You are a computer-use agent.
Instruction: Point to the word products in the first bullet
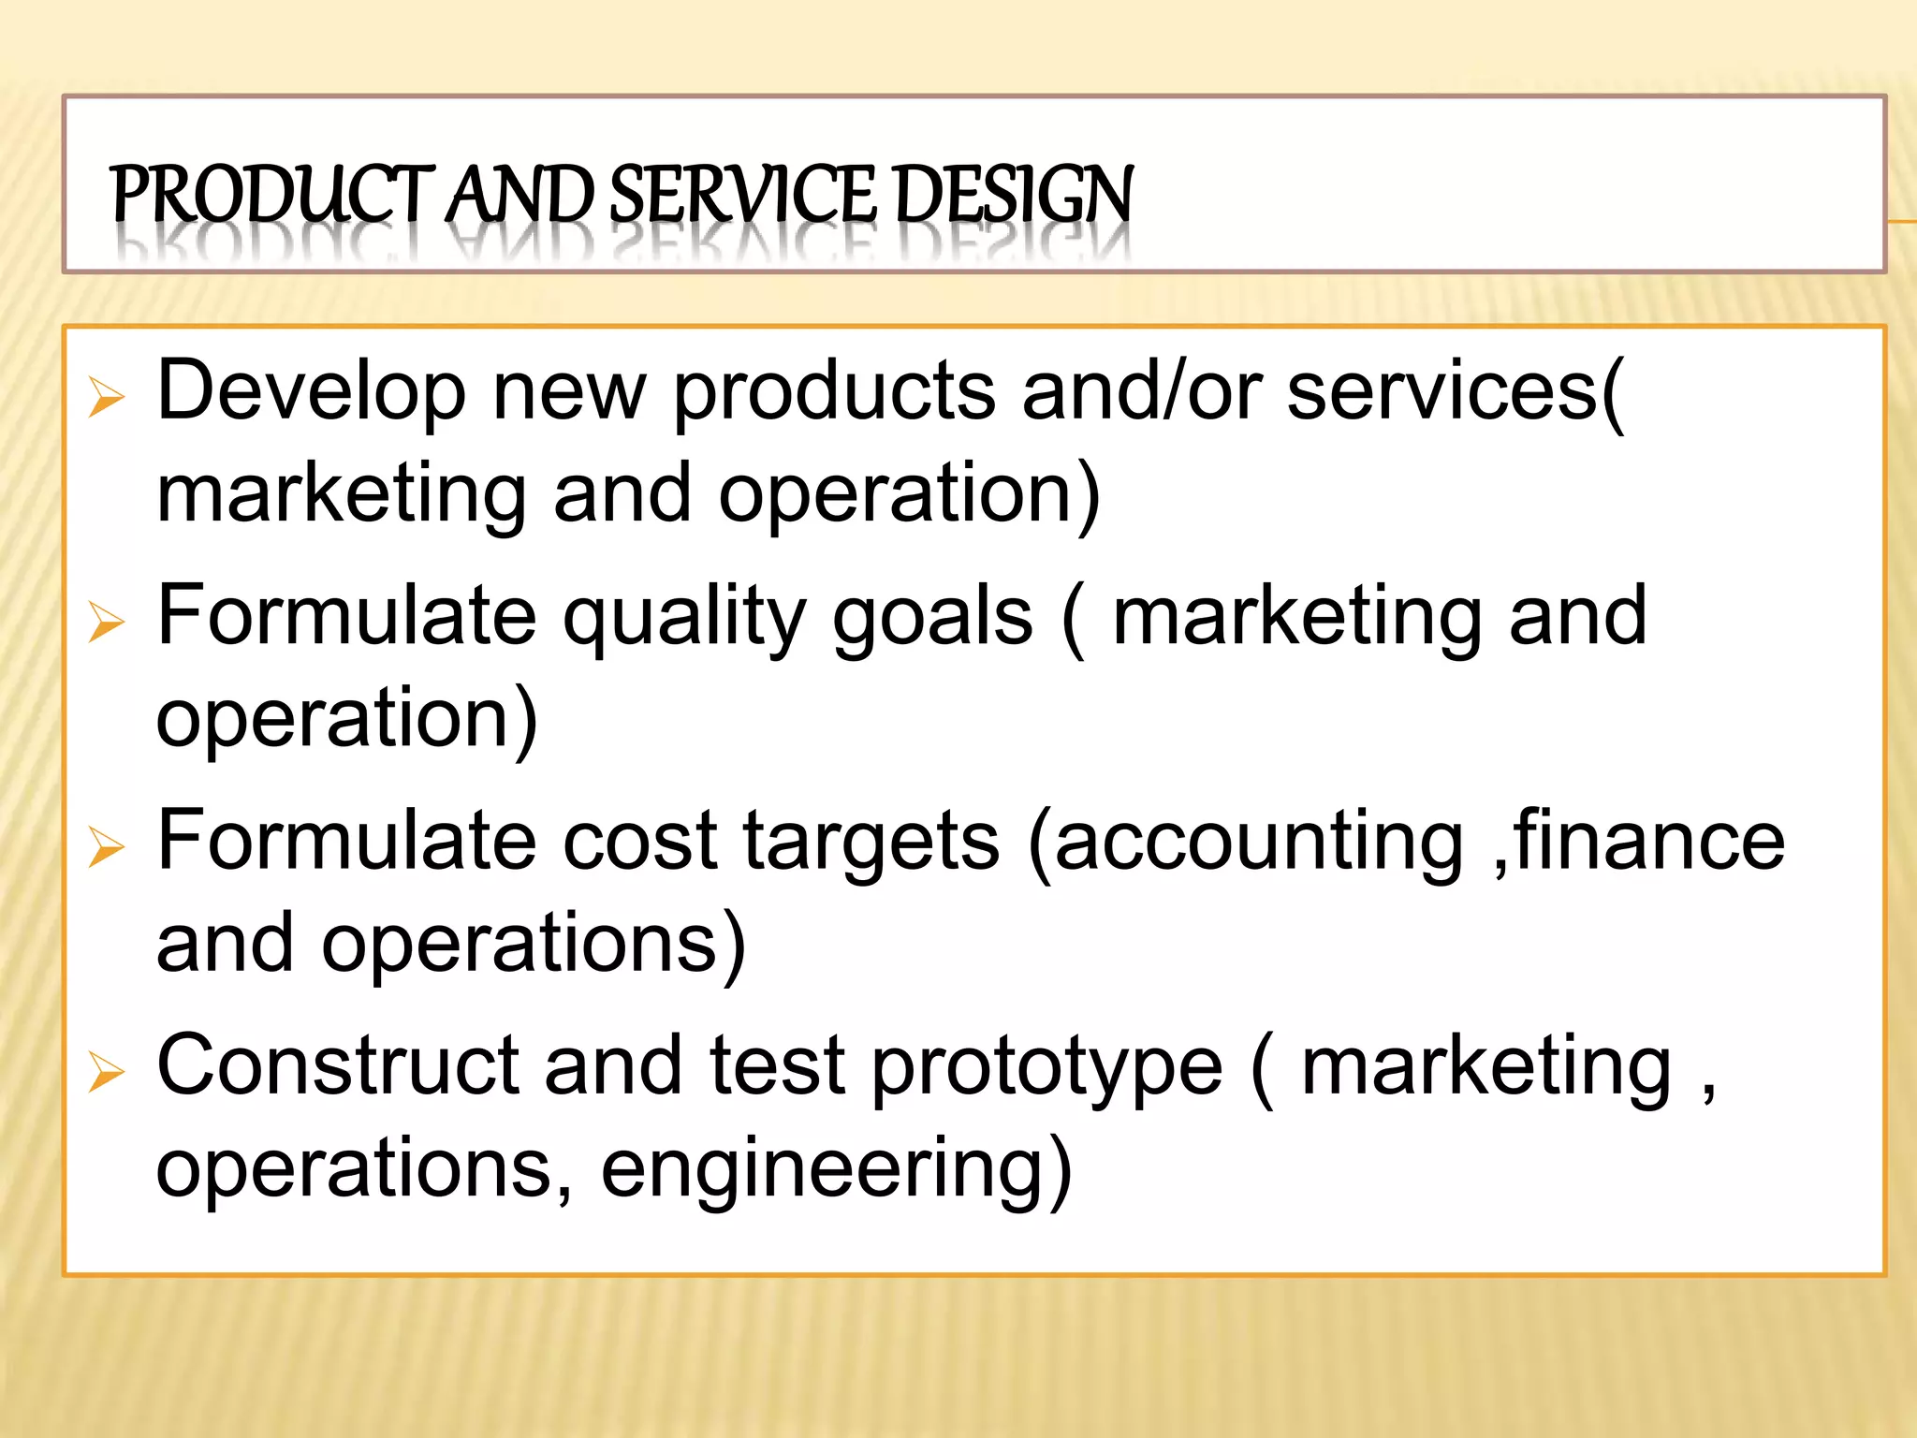tap(833, 391)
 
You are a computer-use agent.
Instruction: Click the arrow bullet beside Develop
tap(106, 397)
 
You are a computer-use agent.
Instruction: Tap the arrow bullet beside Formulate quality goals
tap(106, 622)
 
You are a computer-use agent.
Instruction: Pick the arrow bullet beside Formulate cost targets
tap(106, 846)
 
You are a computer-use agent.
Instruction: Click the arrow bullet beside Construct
tap(106, 1071)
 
